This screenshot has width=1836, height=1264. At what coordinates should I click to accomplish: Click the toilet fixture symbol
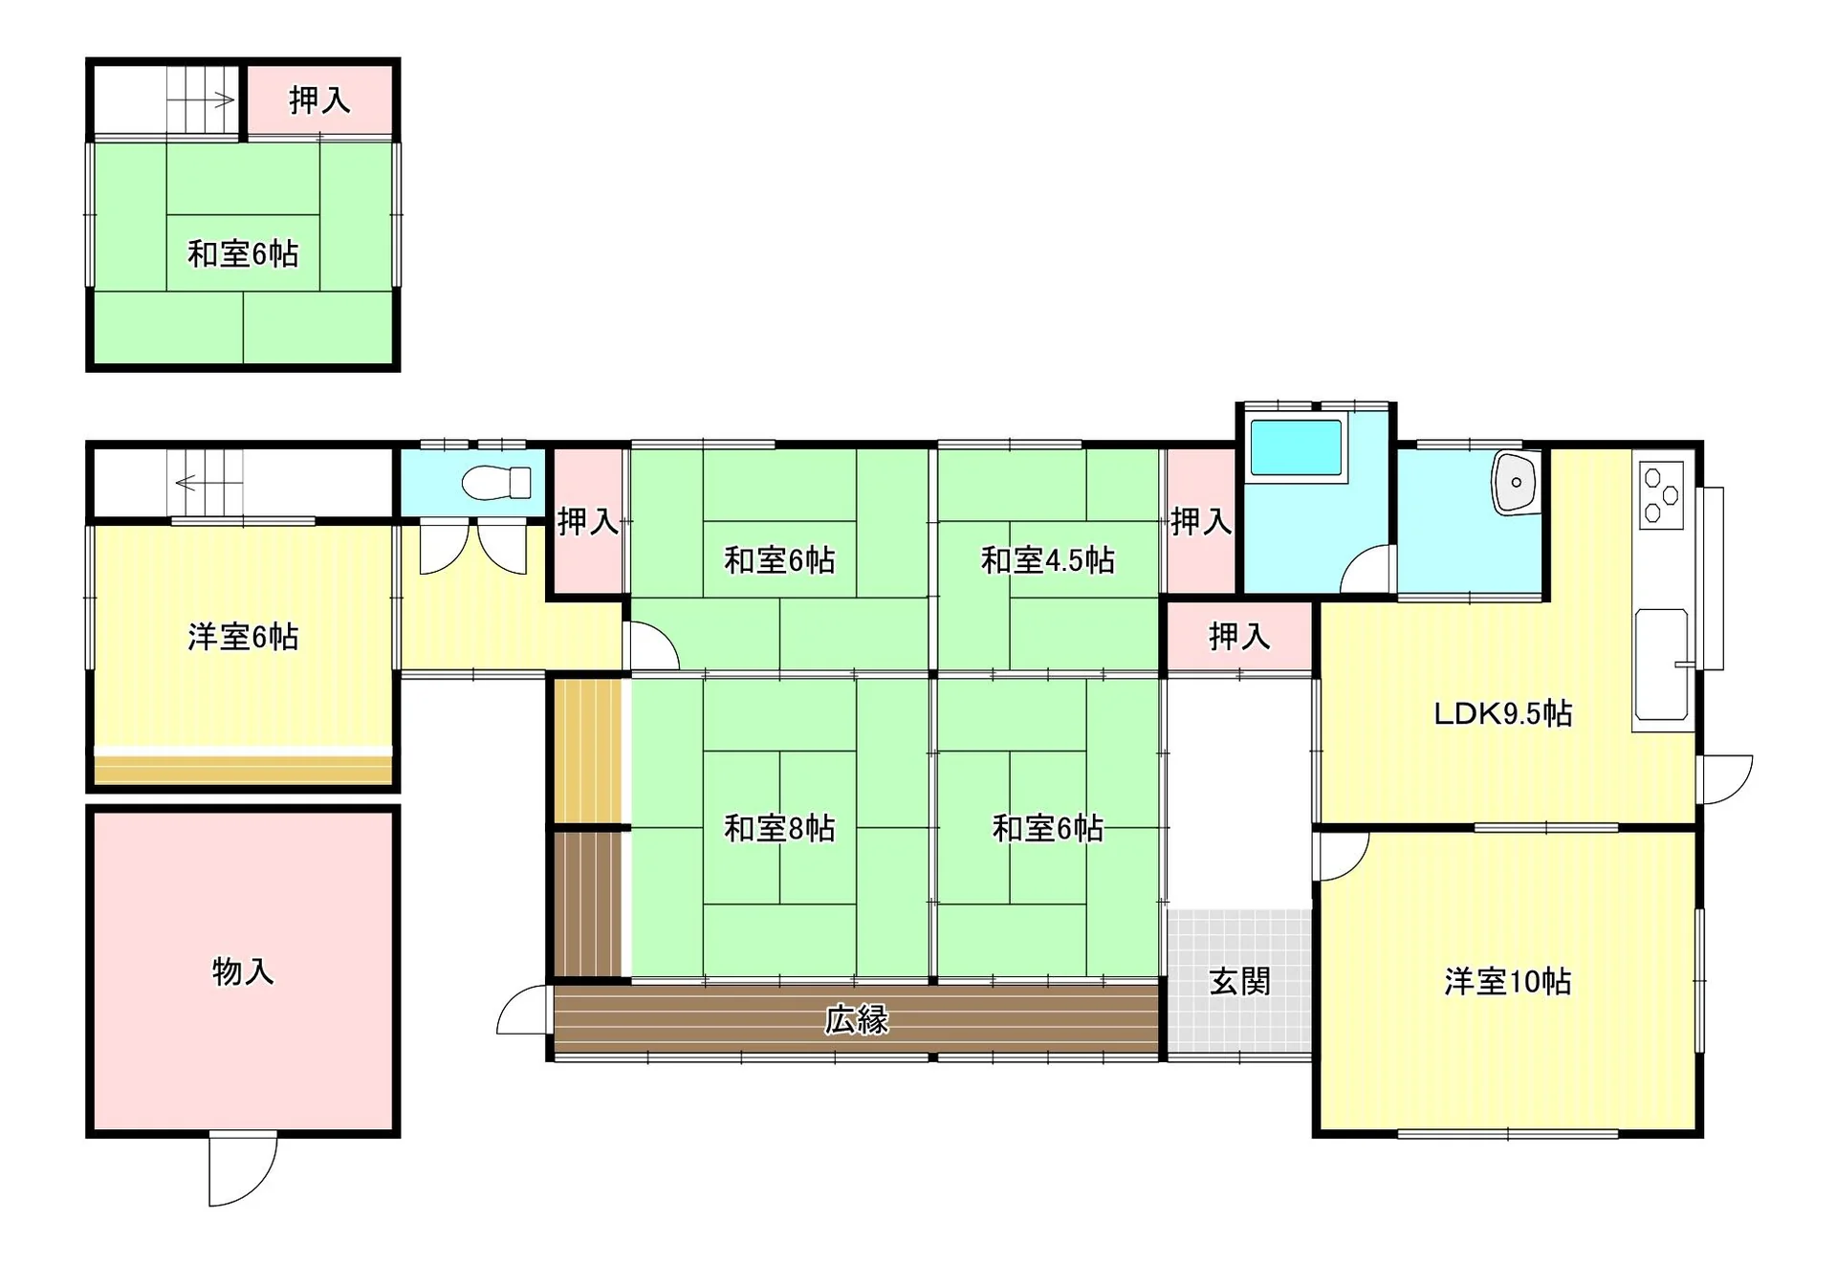(496, 483)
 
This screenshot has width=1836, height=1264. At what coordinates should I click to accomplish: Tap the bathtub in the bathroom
(1296, 447)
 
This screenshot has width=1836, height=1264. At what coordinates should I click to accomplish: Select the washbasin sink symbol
(1516, 483)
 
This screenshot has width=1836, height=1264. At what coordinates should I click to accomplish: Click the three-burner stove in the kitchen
(1662, 494)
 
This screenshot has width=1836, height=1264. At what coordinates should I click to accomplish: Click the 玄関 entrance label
(1239, 982)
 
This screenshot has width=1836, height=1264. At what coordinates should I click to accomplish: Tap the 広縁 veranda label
(857, 1020)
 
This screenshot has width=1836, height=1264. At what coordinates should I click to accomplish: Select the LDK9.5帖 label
(1502, 713)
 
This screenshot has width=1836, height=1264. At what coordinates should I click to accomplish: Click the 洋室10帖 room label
(1507, 982)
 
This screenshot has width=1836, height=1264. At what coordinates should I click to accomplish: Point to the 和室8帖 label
(779, 828)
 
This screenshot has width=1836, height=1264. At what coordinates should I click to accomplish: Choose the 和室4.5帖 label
(1048, 560)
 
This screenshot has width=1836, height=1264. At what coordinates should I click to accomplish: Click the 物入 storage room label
(243, 971)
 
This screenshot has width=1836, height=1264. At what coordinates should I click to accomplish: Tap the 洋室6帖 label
(243, 637)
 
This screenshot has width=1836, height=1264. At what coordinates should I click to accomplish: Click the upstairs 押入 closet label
(319, 100)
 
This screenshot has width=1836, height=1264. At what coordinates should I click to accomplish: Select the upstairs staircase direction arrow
(201, 99)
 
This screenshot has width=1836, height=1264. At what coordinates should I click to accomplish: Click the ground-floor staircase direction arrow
(209, 483)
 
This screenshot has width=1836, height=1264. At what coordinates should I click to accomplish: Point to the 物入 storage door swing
(243, 1168)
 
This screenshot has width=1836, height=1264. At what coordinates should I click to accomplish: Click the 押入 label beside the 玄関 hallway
(1239, 637)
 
